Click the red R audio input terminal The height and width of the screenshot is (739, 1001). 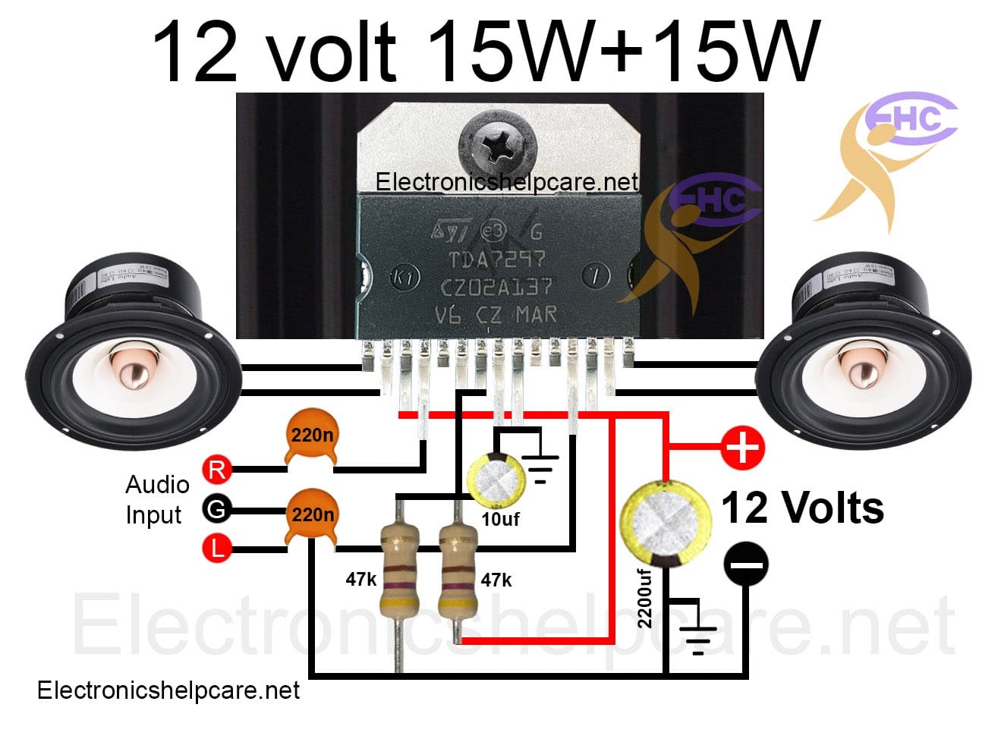click(216, 470)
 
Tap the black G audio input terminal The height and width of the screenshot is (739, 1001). click(216, 509)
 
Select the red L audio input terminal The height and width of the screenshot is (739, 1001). click(216, 547)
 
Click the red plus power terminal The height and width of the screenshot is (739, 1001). click(741, 447)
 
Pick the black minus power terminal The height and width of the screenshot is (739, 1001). click(745, 564)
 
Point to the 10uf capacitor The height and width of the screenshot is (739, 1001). click(494, 481)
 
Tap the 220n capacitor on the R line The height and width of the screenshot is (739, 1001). click(311, 439)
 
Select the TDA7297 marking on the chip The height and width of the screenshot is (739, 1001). click(496, 260)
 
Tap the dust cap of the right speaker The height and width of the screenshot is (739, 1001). click(861, 373)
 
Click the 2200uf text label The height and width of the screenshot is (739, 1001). click(645, 598)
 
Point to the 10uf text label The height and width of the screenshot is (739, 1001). click(500, 520)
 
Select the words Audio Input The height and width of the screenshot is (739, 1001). click(156, 499)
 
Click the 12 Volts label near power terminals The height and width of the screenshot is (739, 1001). click(802, 508)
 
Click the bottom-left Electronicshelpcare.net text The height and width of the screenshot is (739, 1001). click(168, 690)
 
